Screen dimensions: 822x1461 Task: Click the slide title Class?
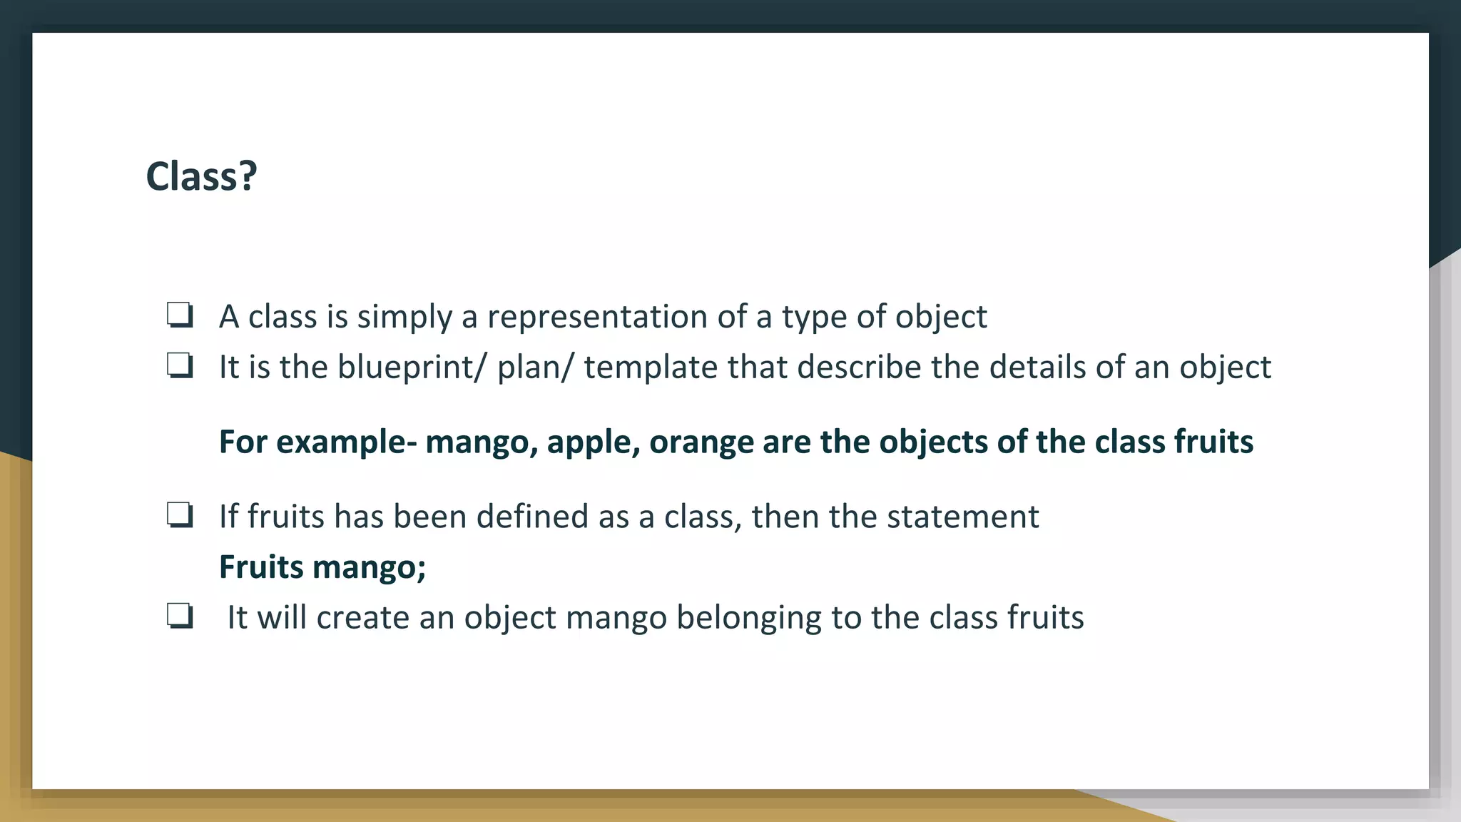coord(201,176)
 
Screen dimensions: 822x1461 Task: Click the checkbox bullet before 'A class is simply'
coord(180,315)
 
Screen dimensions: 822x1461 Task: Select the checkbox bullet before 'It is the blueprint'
coord(180,366)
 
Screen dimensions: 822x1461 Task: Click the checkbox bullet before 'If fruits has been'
coord(180,515)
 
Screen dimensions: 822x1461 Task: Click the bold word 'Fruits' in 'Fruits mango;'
coord(261,567)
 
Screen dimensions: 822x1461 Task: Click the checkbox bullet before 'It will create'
coord(180,616)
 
